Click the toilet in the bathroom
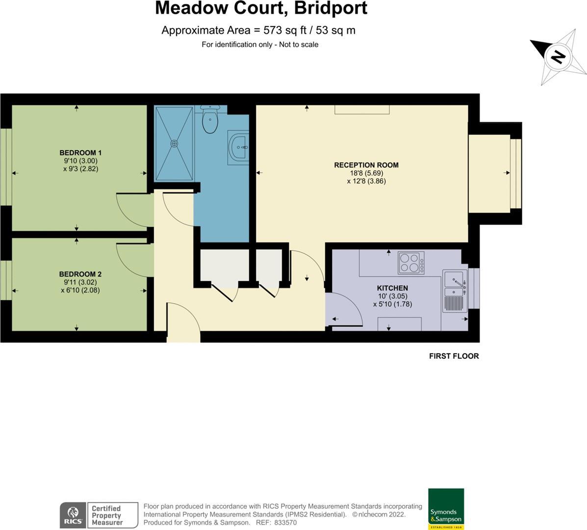210,120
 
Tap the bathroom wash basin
239,147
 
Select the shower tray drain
174,143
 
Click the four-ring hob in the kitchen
411,263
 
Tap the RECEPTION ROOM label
366,165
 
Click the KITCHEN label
392,288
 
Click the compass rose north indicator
558,56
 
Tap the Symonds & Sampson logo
446,509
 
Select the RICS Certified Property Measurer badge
99,515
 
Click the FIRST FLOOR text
454,356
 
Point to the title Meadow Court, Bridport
261,8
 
